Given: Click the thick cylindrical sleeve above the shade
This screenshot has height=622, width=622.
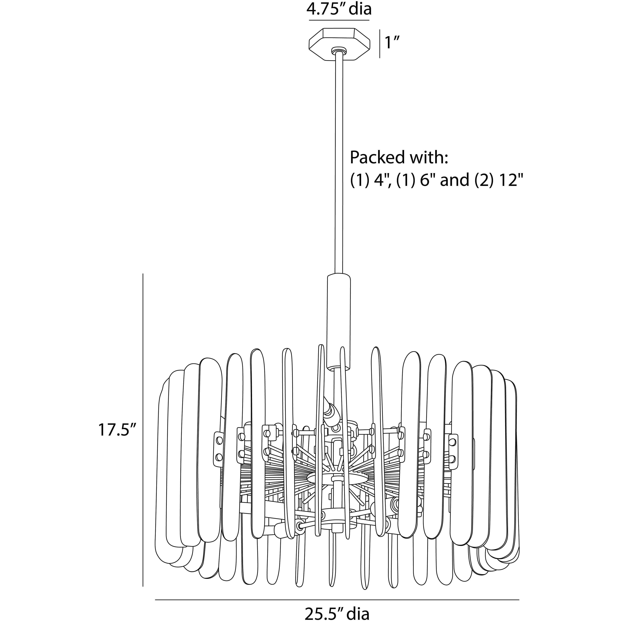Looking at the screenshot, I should coord(339,322).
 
